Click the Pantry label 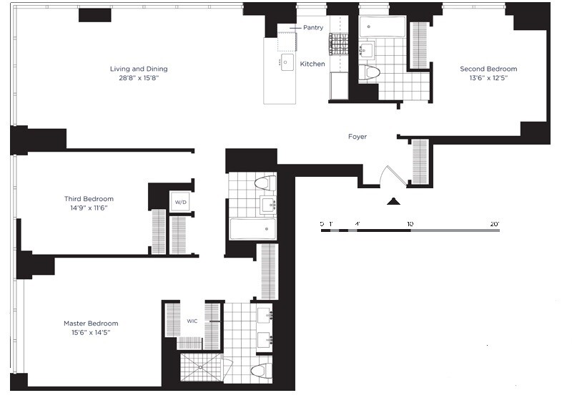[x=313, y=28]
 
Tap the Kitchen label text [x=312, y=64]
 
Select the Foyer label [x=357, y=137]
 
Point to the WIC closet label [x=192, y=321]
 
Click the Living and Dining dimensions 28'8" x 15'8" [x=139, y=78]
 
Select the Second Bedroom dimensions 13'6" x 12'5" [x=488, y=78]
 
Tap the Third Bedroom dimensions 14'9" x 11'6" [x=89, y=208]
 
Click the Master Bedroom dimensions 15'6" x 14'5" [x=91, y=333]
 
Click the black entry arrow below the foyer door [x=392, y=203]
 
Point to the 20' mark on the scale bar [x=494, y=224]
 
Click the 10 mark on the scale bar [x=410, y=224]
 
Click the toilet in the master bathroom [x=262, y=372]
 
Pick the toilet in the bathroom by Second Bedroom [x=370, y=72]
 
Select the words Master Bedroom [x=91, y=324]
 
